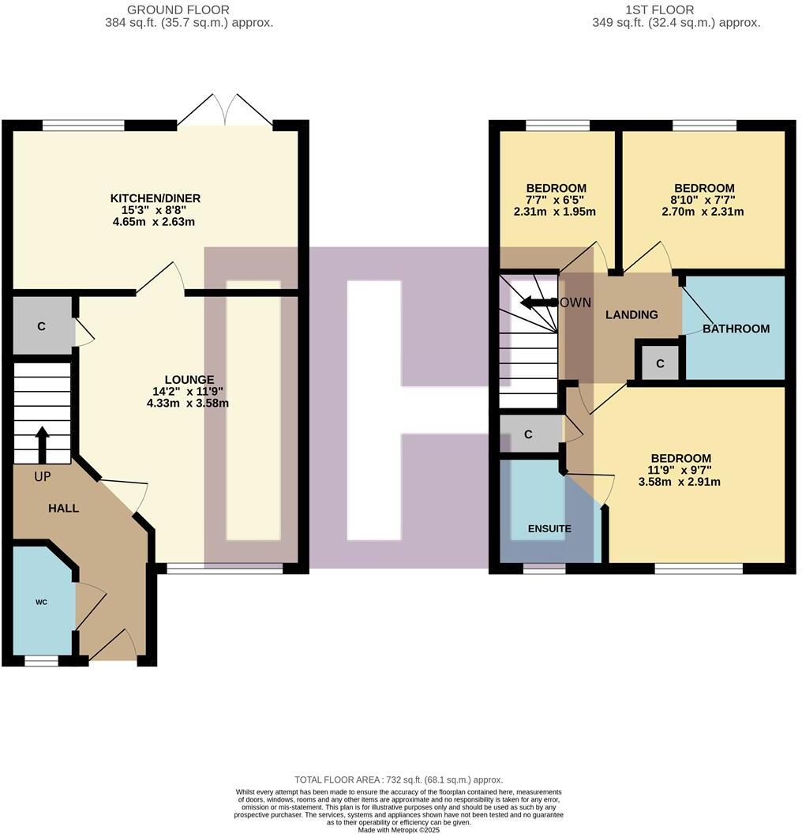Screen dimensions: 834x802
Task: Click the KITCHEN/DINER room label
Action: (x=155, y=198)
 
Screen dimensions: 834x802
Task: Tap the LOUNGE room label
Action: (x=189, y=380)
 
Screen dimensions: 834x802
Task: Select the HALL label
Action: (x=63, y=508)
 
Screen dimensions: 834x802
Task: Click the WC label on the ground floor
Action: (x=41, y=602)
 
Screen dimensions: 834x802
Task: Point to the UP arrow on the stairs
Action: (x=42, y=443)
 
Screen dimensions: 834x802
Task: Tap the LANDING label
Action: (x=631, y=314)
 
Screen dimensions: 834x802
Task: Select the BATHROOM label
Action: (x=736, y=329)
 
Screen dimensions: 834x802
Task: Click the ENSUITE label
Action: (x=549, y=528)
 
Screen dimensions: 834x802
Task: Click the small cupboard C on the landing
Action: (x=659, y=363)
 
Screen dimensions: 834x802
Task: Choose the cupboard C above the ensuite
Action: (x=529, y=434)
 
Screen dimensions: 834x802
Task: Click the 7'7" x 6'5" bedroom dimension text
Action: (x=556, y=200)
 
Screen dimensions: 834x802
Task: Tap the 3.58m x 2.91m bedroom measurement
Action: (x=679, y=481)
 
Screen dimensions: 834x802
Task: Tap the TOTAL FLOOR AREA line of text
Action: (x=398, y=780)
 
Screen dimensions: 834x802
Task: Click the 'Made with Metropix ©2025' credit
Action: (x=398, y=829)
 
